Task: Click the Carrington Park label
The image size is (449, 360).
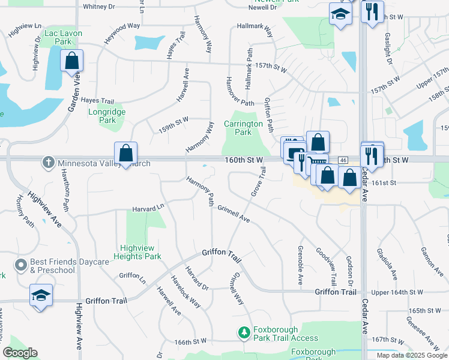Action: (x=243, y=128)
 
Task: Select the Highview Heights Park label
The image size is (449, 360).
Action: (x=140, y=252)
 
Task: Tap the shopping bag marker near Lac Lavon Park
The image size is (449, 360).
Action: (x=71, y=62)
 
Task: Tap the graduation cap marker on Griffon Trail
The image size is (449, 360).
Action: (x=40, y=295)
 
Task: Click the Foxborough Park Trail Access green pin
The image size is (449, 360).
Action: (x=244, y=332)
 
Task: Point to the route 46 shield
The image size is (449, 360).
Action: (x=343, y=160)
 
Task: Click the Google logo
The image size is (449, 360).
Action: (x=20, y=353)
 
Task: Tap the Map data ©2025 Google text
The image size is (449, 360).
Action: (x=411, y=355)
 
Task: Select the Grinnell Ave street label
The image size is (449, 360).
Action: (x=234, y=214)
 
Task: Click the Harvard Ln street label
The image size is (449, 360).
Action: (x=148, y=208)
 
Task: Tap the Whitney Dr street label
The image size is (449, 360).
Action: (x=98, y=7)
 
